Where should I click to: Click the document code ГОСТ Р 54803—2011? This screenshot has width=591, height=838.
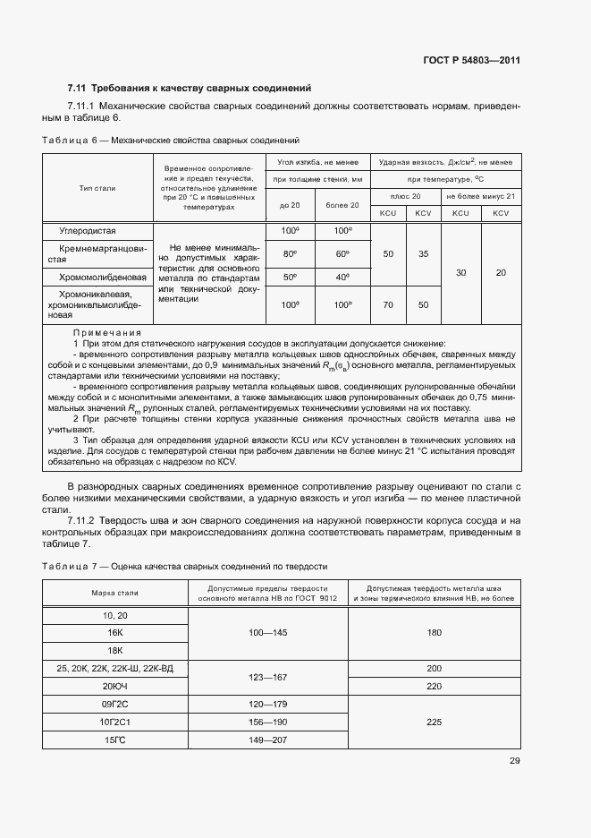pos(471,61)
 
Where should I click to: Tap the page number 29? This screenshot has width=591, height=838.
pos(514,762)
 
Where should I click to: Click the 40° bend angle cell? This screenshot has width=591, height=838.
pos(342,278)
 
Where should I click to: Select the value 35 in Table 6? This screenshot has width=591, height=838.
pos(423,254)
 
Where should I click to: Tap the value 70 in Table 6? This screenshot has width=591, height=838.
pos(387,305)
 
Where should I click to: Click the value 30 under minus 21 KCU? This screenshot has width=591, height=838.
pos(460,272)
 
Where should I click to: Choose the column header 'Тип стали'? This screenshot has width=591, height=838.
pos(97,188)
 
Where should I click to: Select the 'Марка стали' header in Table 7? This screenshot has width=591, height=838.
pos(114,593)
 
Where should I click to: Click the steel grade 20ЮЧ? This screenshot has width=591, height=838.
pos(114,685)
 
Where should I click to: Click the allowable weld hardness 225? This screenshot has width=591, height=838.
pos(435,721)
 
